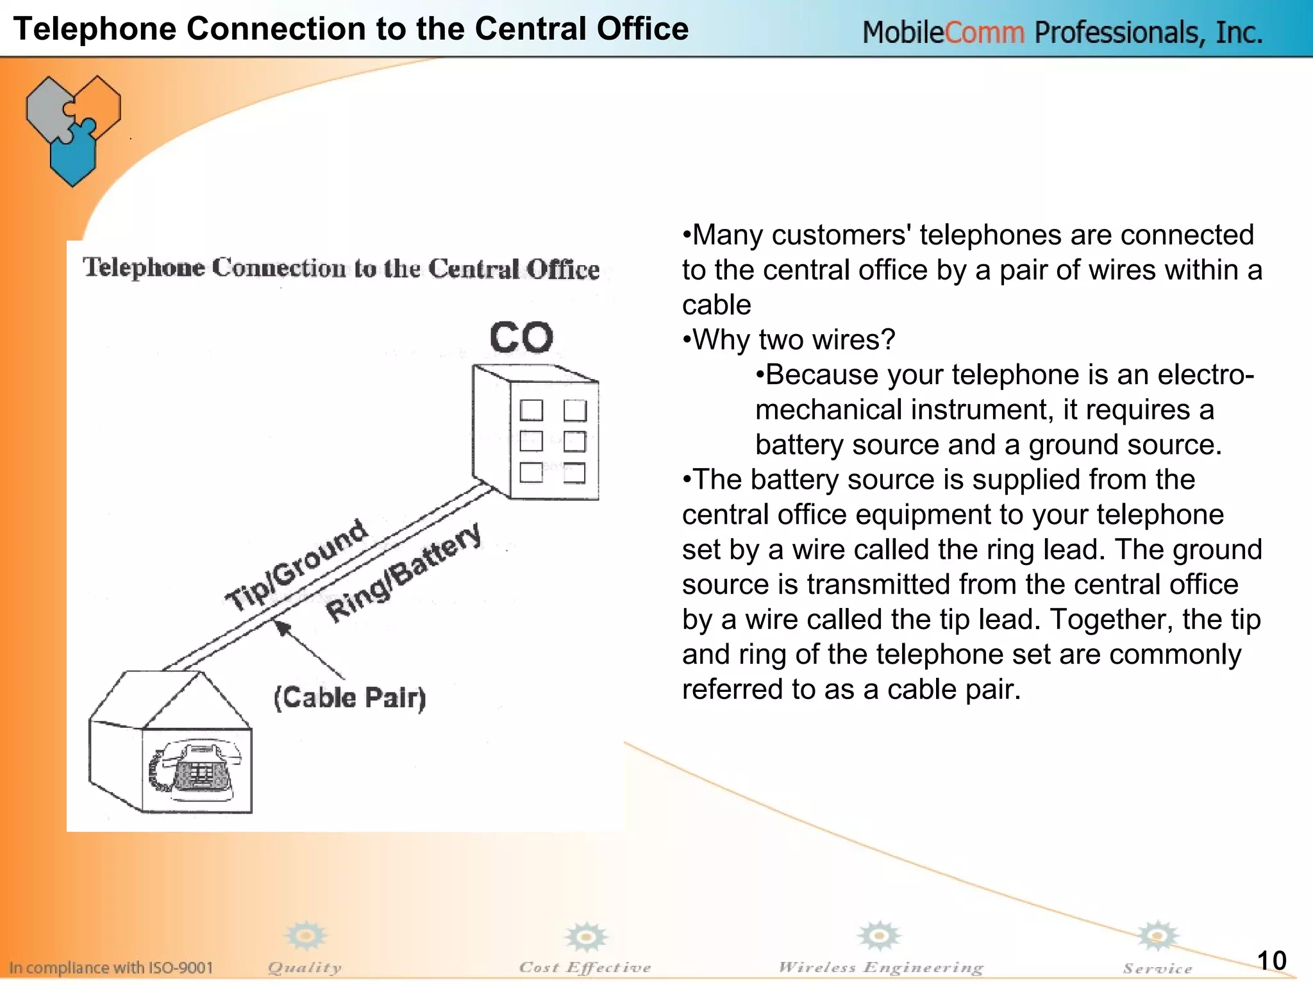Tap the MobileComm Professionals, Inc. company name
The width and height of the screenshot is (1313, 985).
click(x=1062, y=32)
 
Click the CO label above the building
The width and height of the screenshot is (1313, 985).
click(x=521, y=338)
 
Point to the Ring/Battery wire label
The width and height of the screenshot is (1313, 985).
click(x=403, y=573)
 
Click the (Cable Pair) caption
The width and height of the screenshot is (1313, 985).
click(x=349, y=698)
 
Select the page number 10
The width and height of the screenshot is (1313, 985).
click(x=1271, y=961)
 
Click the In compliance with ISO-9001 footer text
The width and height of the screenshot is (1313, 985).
click(x=110, y=967)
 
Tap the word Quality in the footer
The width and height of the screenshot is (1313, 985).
click(x=305, y=967)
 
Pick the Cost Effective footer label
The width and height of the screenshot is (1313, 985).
click(x=585, y=967)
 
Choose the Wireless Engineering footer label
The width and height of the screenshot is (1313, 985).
click(x=880, y=967)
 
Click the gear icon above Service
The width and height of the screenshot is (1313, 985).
click(x=1157, y=936)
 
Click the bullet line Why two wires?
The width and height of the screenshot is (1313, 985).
click(x=789, y=340)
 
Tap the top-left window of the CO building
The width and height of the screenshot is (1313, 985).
click(x=531, y=410)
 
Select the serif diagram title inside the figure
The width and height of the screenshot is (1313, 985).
click(x=341, y=268)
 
